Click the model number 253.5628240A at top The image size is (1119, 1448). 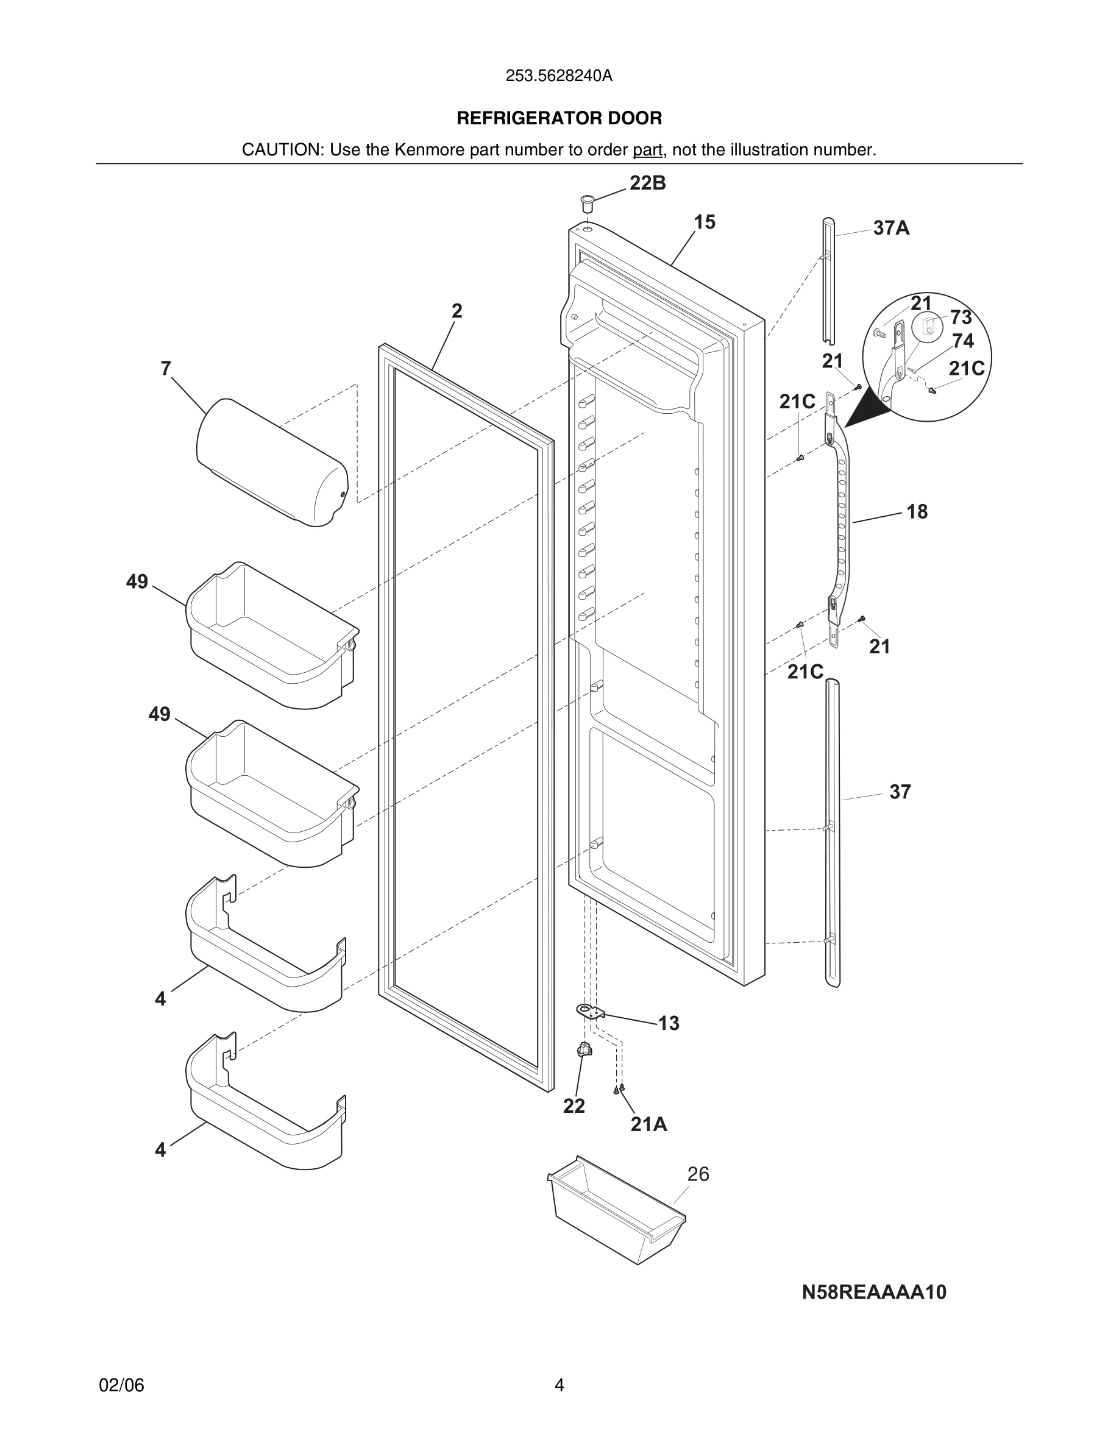[x=559, y=76]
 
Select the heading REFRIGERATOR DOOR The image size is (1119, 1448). [x=559, y=119]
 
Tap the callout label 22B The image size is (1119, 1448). [x=648, y=183]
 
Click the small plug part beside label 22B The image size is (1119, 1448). [x=588, y=202]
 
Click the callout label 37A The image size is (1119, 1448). [x=891, y=229]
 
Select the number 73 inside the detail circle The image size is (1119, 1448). [x=961, y=318]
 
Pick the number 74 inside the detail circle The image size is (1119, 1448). [x=962, y=341]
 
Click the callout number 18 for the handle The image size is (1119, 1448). [x=917, y=512]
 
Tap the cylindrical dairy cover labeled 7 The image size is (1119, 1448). [x=272, y=462]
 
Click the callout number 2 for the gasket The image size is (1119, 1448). [x=456, y=311]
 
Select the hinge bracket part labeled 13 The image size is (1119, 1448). [x=591, y=1012]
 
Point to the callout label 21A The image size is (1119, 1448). [x=648, y=1124]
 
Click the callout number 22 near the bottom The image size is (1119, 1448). [x=574, y=1106]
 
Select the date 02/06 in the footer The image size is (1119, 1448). [x=121, y=1386]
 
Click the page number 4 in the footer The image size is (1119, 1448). [x=559, y=1386]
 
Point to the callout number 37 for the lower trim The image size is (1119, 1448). [x=900, y=792]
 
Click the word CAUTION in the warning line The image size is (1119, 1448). [x=282, y=151]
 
